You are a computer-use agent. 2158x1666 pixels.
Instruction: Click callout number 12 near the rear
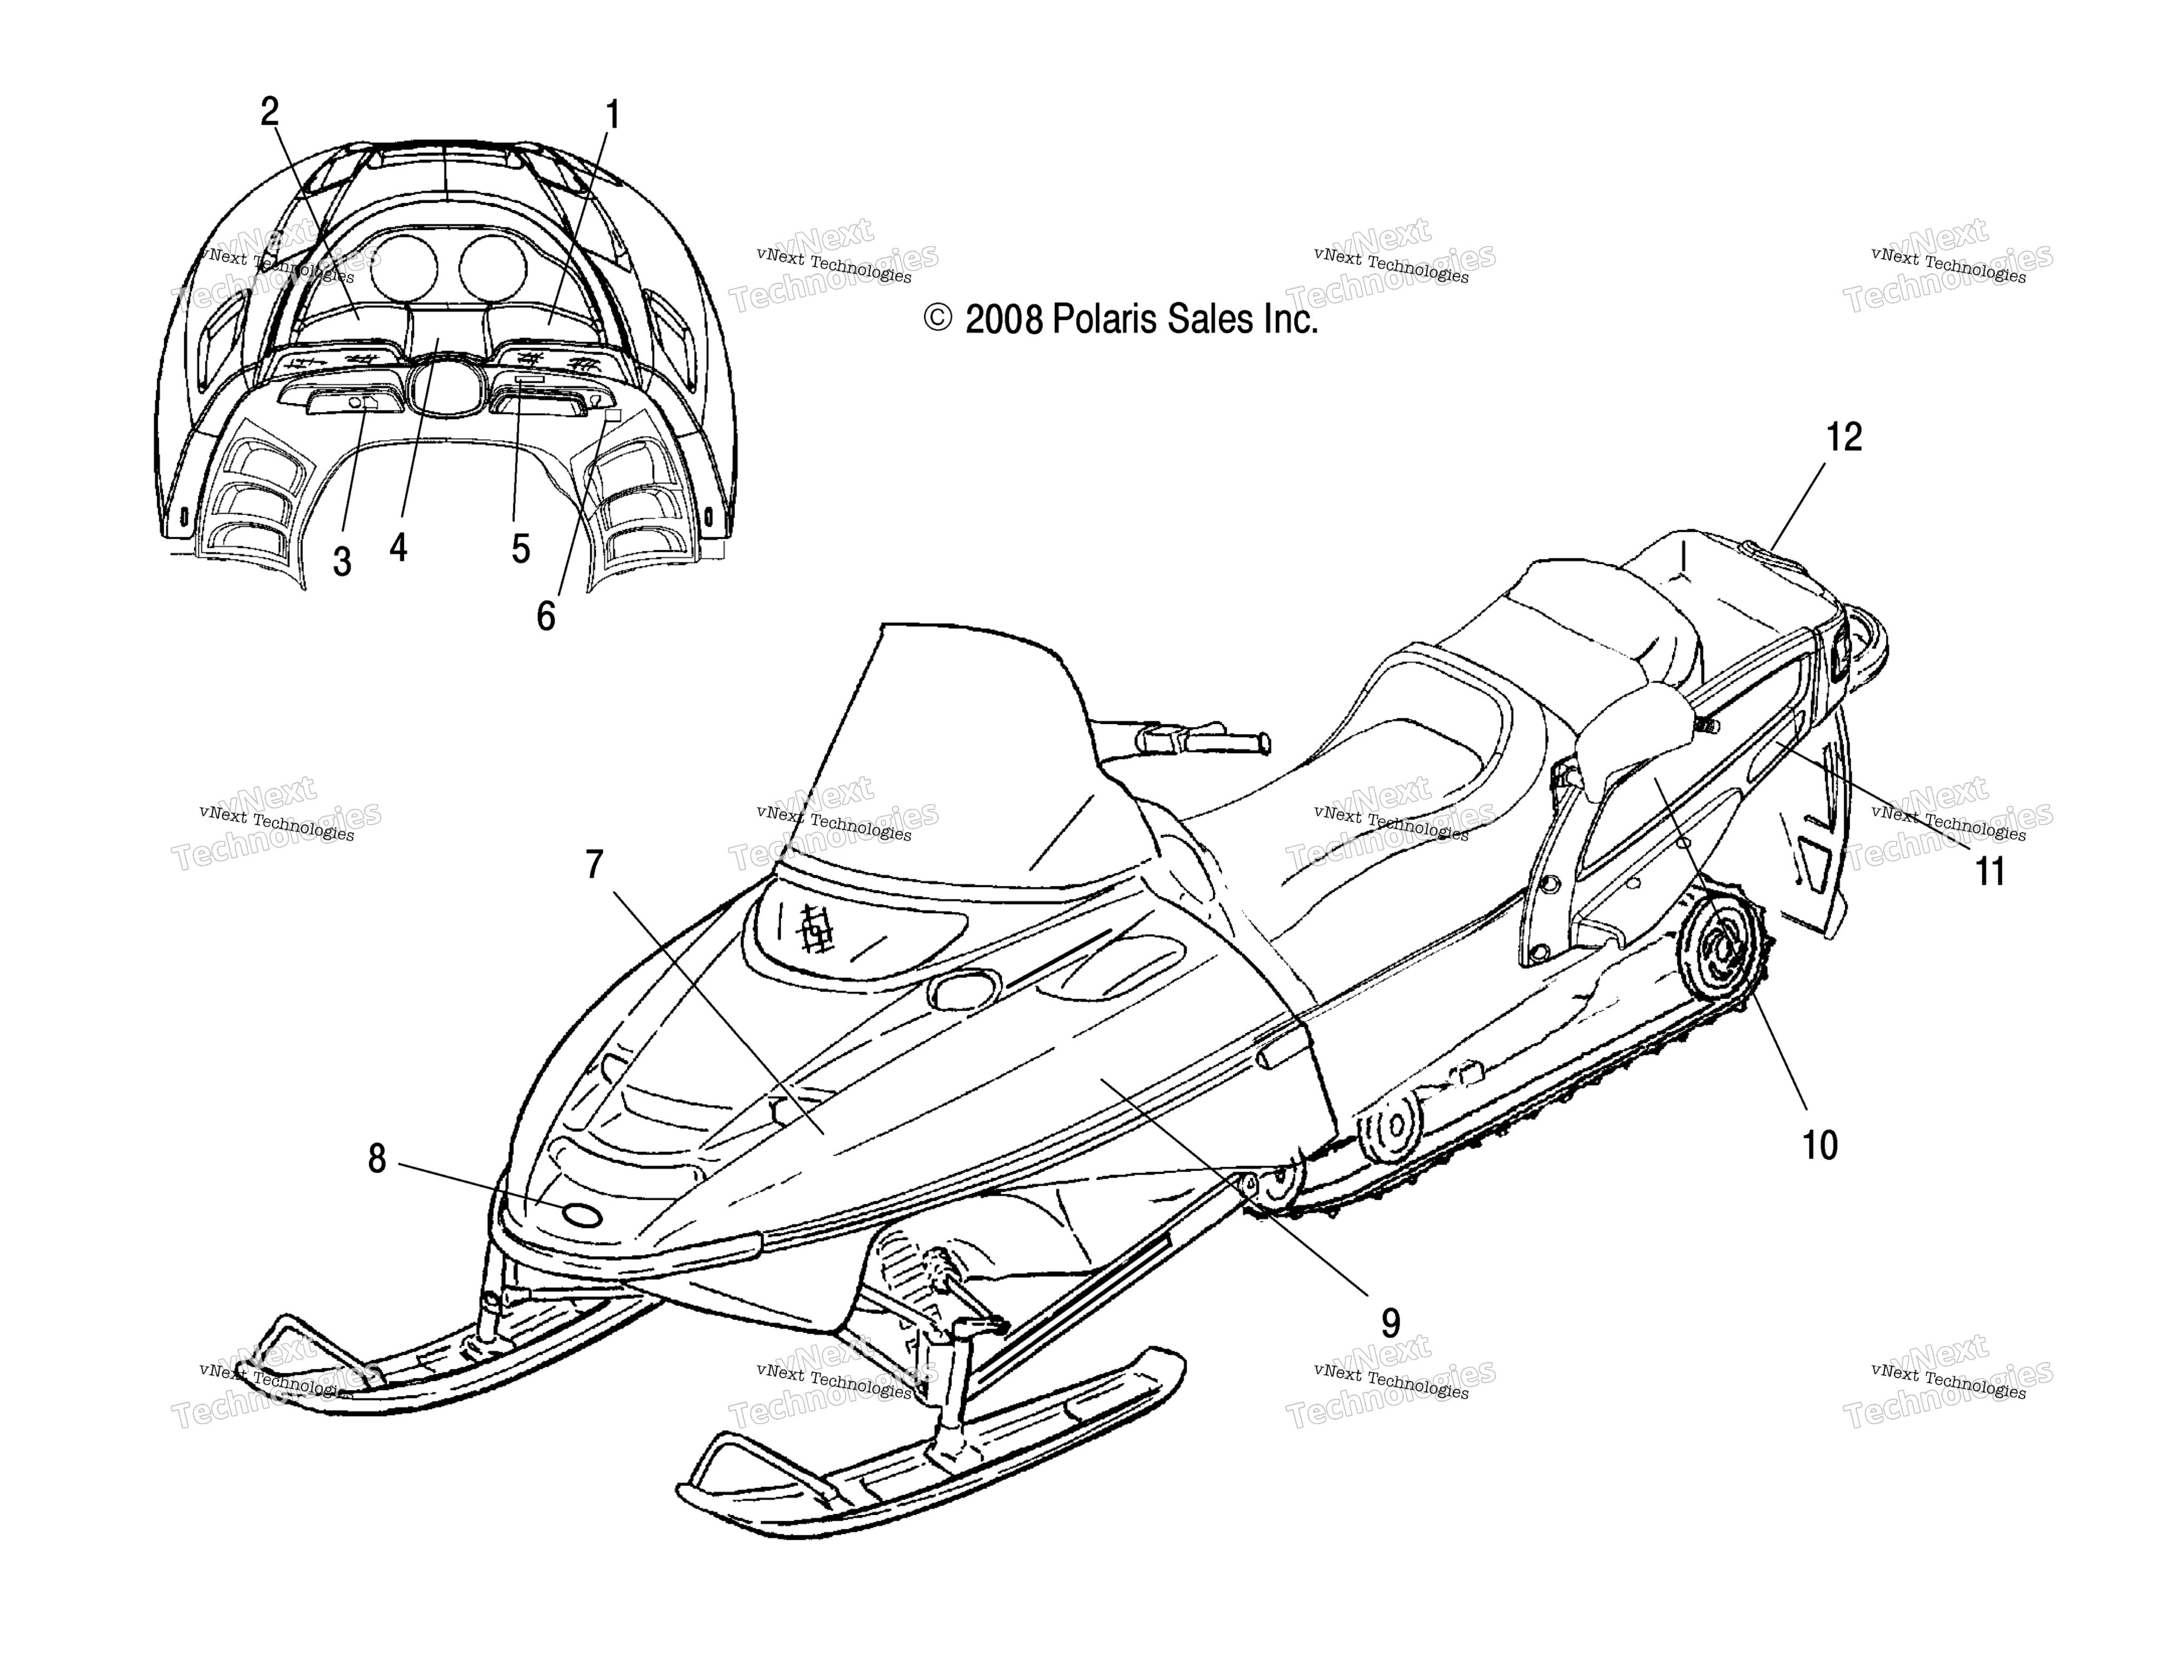click(x=1844, y=437)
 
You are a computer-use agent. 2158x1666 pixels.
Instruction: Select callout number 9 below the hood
click(x=1390, y=1322)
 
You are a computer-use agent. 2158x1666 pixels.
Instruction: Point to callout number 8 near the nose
click(x=376, y=1159)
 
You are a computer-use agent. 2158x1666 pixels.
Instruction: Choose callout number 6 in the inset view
click(x=545, y=616)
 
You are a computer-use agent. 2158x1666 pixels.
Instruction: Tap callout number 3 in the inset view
click(x=342, y=562)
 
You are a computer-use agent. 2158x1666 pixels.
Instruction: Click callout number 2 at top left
click(x=270, y=112)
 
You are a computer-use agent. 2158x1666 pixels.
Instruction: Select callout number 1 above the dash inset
click(x=613, y=114)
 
